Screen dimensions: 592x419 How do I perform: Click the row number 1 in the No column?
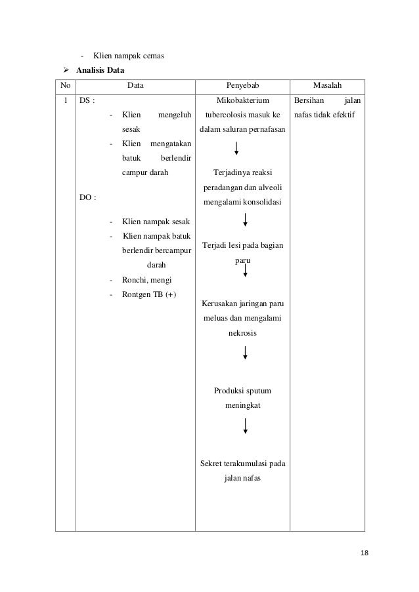(65, 102)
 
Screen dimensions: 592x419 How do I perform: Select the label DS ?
(86, 102)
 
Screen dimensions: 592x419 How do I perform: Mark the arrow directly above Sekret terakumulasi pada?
(244, 425)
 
